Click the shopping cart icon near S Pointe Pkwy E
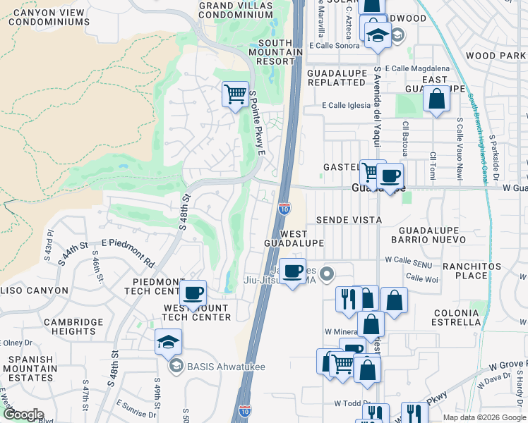[235, 93]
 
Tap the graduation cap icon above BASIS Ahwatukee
[167, 342]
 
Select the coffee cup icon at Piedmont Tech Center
[192, 293]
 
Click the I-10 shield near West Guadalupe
[284, 208]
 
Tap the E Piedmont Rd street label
[128, 253]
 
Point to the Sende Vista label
[349, 220]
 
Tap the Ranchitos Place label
[472, 271]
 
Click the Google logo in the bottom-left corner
[23, 415]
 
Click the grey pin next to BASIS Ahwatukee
[175, 365]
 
